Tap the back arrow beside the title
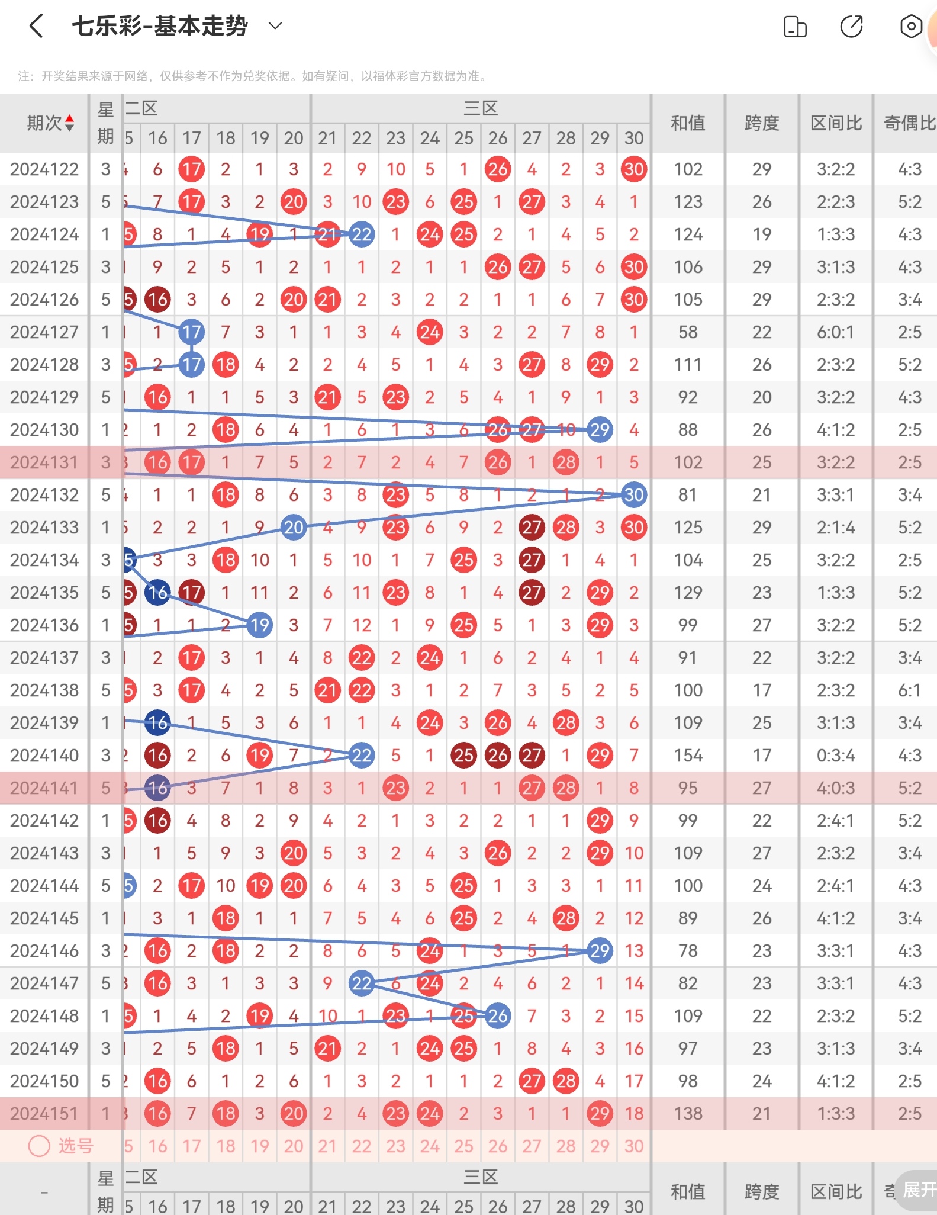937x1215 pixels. (x=36, y=26)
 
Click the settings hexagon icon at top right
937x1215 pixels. (x=910, y=26)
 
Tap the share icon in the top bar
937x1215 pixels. (x=851, y=26)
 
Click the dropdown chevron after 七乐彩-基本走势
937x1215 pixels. (x=275, y=25)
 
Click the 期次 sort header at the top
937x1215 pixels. (x=50, y=123)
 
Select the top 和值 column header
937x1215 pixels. (x=688, y=123)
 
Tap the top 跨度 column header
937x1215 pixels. (x=762, y=123)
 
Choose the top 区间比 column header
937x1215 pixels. (x=836, y=123)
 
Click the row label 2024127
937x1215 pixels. (x=44, y=332)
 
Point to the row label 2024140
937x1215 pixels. (x=44, y=756)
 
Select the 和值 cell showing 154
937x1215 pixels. (x=688, y=756)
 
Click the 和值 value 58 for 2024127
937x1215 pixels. (x=688, y=332)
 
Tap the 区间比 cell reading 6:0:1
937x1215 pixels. (x=836, y=332)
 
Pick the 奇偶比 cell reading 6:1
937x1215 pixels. (x=909, y=690)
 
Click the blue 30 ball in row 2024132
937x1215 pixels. (x=634, y=495)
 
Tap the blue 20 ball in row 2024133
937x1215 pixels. (x=294, y=528)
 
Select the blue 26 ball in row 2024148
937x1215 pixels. (x=498, y=1016)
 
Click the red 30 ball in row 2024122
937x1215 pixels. (x=634, y=170)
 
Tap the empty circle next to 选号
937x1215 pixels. (x=39, y=1146)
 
